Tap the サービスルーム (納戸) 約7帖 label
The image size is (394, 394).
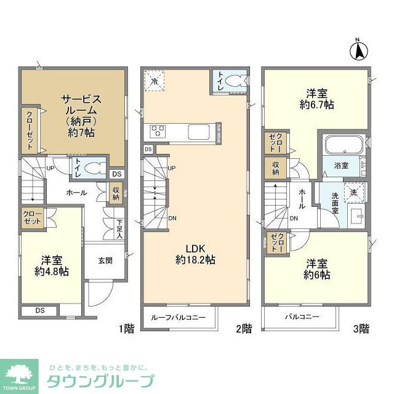click(x=80, y=115)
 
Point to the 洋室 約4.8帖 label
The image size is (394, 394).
click(x=51, y=265)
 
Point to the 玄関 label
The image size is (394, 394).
click(x=105, y=260)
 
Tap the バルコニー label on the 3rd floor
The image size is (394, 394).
click(x=302, y=317)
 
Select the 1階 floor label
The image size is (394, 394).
click(x=126, y=329)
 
